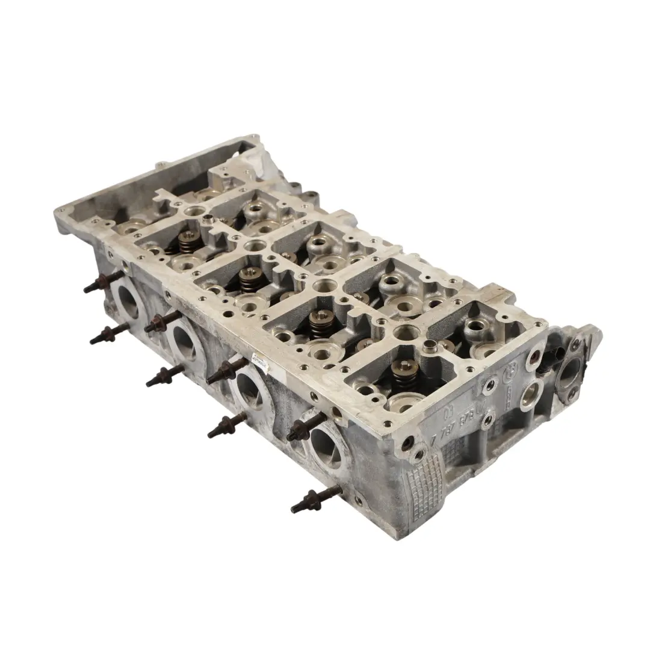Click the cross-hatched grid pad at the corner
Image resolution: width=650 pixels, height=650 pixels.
pyautogui.click(x=426, y=481)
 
